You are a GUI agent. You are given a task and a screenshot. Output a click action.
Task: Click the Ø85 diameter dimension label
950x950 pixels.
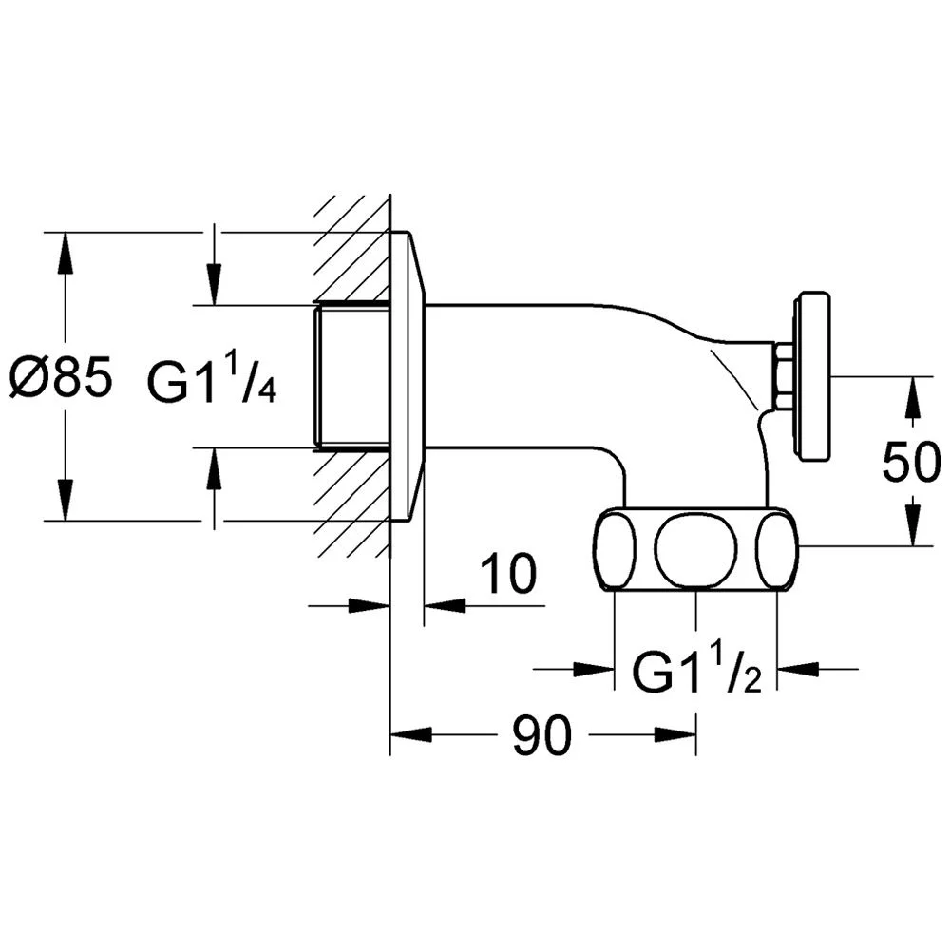point(61,376)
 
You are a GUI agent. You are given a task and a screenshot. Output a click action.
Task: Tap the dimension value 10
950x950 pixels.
point(508,573)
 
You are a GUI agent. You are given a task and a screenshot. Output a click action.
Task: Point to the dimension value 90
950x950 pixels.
point(541,734)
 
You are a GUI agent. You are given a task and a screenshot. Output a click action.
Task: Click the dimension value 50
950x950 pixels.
point(912,461)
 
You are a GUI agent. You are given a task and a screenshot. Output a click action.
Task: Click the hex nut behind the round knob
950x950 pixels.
point(784,376)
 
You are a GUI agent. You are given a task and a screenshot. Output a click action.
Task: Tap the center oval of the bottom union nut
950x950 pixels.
point(696,548)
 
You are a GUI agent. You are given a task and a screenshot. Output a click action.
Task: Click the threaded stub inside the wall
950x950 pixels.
point(351,376)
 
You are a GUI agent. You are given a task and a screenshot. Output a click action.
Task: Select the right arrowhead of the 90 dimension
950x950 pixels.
point(674,734)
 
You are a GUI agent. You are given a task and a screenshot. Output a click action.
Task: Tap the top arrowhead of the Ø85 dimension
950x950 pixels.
point(66,254)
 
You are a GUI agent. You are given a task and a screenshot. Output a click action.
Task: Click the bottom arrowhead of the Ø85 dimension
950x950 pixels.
point(66,500)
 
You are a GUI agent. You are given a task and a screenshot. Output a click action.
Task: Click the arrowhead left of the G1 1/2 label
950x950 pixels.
point(595,669)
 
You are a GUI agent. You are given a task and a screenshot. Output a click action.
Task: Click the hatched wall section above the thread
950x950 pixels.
point(351,248)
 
